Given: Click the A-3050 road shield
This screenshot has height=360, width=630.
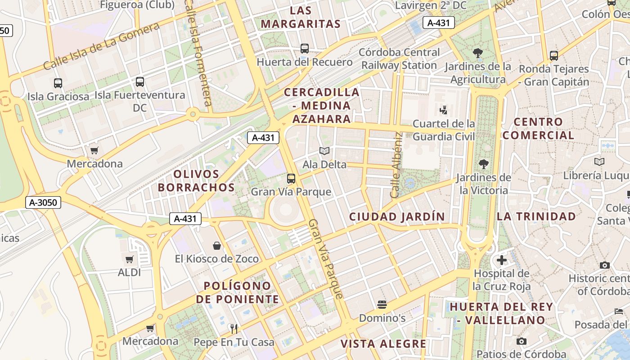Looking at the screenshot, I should click(43, 202).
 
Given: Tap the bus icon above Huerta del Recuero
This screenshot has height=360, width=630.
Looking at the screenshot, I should click(305, 49).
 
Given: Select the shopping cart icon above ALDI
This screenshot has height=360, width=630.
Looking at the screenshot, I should click(130, 259).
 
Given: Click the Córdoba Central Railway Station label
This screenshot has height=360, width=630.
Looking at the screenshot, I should click(399, 58).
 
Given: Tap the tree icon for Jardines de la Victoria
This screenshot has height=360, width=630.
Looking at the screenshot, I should click(484, 164).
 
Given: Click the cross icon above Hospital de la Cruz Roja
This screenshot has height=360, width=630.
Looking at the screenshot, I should click(502, 260).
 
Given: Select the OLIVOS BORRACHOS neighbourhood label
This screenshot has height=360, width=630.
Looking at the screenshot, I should click(197, 180).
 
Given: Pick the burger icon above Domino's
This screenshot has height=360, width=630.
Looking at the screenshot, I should click(382, 305).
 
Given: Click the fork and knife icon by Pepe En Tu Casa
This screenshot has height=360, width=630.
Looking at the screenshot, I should click(234, 329).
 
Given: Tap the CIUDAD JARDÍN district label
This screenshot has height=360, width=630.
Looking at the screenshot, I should click(397, 216).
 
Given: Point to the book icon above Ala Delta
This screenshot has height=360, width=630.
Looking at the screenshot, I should click(324, 151).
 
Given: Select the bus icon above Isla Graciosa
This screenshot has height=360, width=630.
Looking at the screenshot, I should click(58, 83).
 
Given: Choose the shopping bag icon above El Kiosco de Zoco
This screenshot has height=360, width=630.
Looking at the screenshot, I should click(217, 246).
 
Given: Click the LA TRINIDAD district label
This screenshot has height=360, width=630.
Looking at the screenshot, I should click(536, 216).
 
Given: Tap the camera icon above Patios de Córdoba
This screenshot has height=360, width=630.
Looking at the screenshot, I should click(521, 341).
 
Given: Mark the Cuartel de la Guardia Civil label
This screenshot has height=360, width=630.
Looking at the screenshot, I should click(444, 130).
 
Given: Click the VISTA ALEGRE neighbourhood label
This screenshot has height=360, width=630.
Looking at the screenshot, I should click(383, 344).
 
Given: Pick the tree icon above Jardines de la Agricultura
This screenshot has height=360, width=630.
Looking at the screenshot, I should click(478, 53).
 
